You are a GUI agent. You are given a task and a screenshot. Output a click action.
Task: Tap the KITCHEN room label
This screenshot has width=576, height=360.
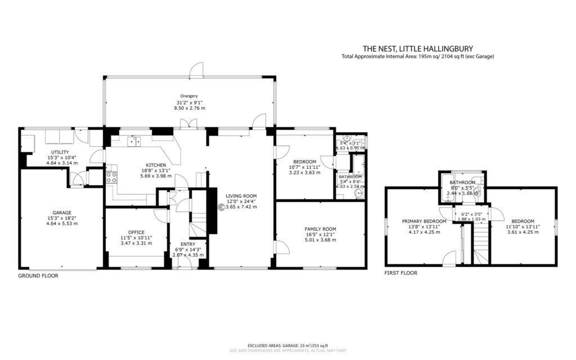click(157, 165)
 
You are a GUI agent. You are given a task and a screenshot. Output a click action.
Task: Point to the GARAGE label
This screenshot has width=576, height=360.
click(62, 213)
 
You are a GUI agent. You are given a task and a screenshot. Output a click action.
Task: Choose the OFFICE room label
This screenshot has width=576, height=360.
click(136, 232)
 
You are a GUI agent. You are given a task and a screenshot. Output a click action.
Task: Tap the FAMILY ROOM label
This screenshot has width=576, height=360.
click(321, 229)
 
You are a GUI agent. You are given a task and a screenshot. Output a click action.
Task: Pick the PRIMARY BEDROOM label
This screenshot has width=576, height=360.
click(424, 221)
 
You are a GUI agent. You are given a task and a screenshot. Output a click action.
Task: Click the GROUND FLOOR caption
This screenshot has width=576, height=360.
click(38, 276)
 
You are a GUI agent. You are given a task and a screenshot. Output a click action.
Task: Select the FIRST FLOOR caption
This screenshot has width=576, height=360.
click(401, 273)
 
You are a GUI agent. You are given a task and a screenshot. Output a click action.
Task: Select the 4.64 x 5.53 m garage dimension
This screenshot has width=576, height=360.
click(62, 224)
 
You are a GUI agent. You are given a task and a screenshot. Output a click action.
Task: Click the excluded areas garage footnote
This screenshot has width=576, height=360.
click(287, 345)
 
